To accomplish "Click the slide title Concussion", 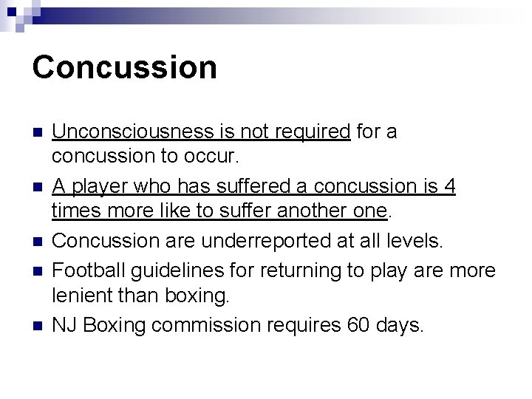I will (125, 66).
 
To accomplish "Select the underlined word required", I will (313, 132).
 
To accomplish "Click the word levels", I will (413, 240).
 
